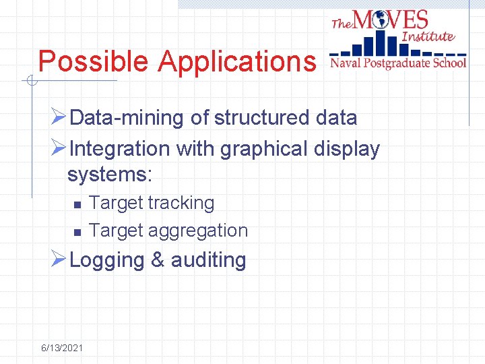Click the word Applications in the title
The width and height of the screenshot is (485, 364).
tap(236, 61)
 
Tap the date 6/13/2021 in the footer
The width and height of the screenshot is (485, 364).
tap(62, 348)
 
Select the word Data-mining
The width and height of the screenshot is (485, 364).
tap(127, 118)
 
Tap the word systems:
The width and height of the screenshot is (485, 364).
tap(110, 175)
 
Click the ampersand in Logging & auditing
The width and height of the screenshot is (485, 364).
tap(158, 260)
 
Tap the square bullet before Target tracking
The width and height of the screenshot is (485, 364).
tap(77, 204)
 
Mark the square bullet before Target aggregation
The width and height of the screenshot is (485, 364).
tap(77, 232)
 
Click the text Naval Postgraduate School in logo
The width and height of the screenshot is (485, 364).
tap(397, 63)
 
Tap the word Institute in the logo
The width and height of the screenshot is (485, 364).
tap(428, 36)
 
